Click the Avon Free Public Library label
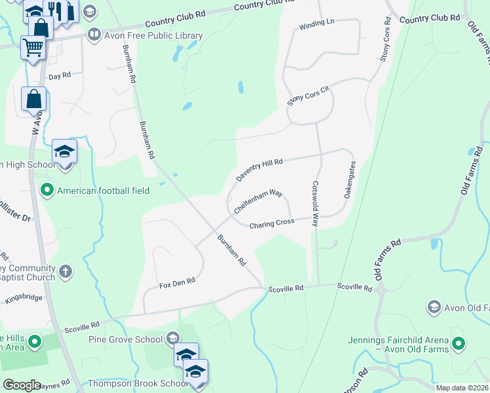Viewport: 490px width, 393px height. tap(153, 35)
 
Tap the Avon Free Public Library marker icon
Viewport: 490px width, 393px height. tap(94, 35)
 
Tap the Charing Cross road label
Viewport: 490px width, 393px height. tap(271, 223)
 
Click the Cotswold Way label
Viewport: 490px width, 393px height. tap(315, 204)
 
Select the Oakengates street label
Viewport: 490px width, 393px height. tap(349, 179)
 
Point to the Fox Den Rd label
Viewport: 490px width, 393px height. tap(178, 283)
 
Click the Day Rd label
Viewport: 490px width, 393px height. tap(59, 77)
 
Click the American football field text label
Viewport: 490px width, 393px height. tap(104, 191)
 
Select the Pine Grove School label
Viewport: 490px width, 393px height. tap(126, 339)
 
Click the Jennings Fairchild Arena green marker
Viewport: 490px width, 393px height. tap(459, 343)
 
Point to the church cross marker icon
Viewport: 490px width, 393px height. tap(65, 270)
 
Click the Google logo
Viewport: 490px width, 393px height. tap(22, 384)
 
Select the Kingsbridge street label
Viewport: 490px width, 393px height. tap(23, 298)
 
